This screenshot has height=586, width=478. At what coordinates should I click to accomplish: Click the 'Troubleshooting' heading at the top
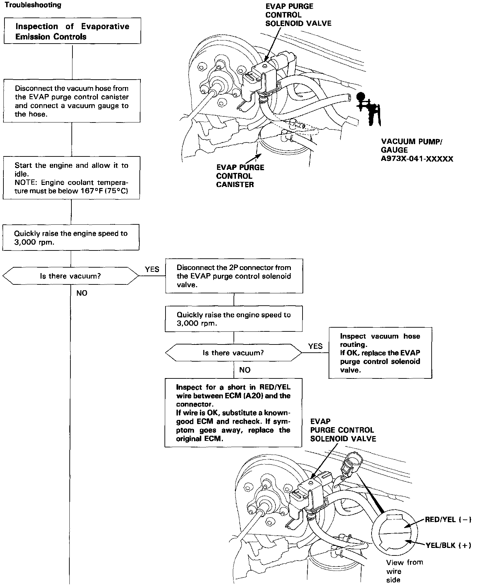point(33,5)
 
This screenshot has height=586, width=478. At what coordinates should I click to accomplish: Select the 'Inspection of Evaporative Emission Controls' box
point(72,31)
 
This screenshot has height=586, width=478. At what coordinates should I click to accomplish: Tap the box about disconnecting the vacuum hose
point(72,101)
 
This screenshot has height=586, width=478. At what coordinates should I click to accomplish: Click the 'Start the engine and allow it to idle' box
point(71,178)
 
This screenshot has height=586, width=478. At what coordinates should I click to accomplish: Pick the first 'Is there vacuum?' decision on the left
point(70,276)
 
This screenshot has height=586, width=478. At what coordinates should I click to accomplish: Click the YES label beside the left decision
point(152,269)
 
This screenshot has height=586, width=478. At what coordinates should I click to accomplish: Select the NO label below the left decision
point(82,293)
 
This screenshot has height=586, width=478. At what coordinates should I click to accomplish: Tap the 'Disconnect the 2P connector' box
point(234,276)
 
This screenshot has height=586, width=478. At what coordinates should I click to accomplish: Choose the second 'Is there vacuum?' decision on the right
point(234,353)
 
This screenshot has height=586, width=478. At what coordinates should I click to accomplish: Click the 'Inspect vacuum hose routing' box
point(380,353)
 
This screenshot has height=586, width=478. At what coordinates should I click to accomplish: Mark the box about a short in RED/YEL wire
point(234,412)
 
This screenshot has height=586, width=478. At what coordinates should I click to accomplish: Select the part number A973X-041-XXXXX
point(417,159)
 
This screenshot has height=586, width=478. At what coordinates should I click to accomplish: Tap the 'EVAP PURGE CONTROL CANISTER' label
point(240,176)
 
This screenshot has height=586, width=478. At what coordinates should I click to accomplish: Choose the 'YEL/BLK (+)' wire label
point(448,545)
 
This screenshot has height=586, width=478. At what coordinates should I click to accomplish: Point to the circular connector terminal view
point(395,533)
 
